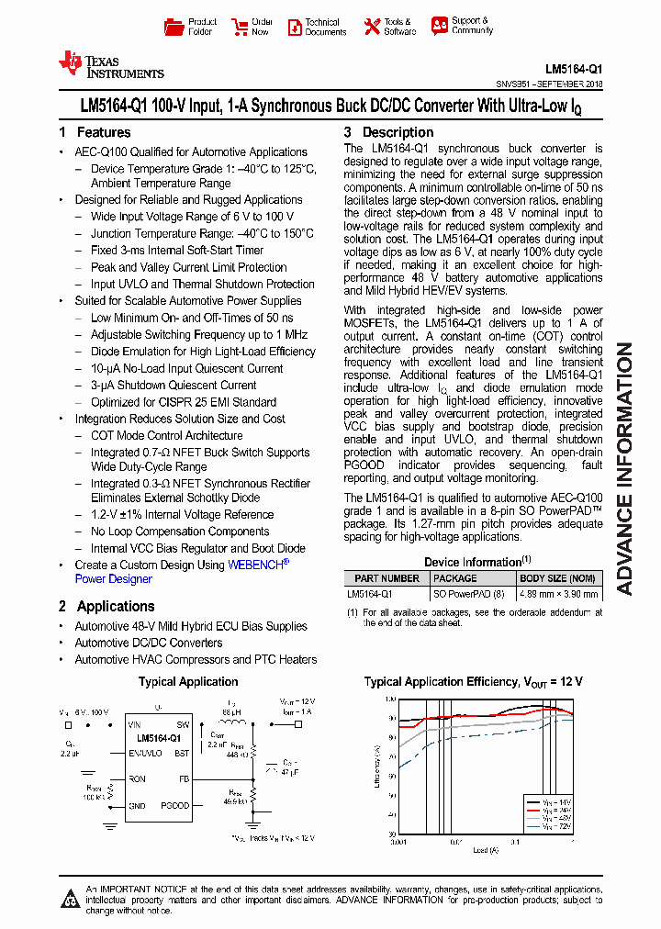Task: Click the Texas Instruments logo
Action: tap(110, 63)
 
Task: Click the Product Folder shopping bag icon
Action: tap(173, 27)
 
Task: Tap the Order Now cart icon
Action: tap(239, 27)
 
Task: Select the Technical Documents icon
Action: tap(294, 27)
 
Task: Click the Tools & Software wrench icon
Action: tap(372, 27)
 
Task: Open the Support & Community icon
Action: tap(440, 26)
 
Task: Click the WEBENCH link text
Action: tap(257, 565)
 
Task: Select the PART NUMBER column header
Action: tap(387, 578)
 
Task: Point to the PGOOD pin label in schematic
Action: tap(174, 805)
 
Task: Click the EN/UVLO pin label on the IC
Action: tap(145, 752)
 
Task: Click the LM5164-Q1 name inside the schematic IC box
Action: tap(159, 738)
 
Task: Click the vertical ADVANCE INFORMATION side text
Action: tap(625, 468)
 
